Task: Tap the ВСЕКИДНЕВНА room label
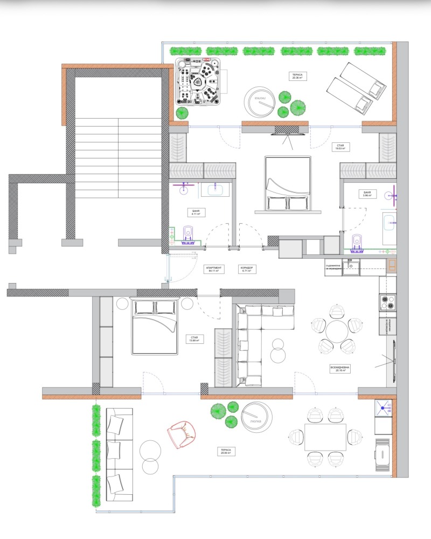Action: (x=341, y=368)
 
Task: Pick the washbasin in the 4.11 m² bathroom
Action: (x=217, y=189)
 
